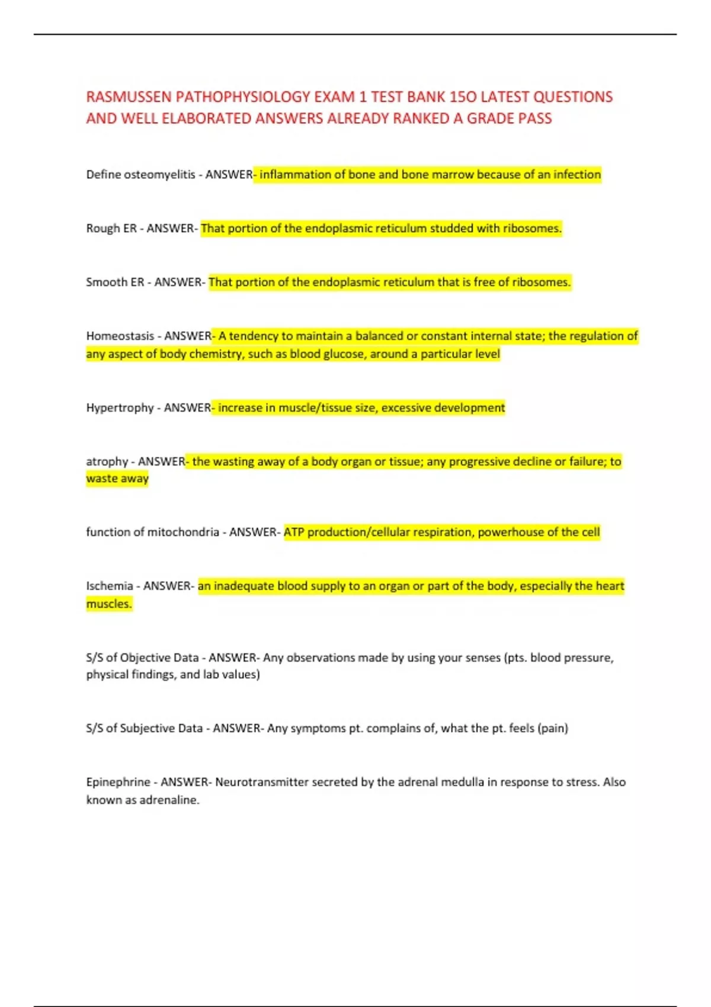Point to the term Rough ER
[x=111, y=229]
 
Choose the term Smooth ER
[x=115, y=283]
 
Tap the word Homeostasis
[x=120, y=336]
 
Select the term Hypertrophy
[x=120, y=408]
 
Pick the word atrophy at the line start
[x=107, y=461]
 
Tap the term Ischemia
[x=110, y=586]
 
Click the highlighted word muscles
[x=109, y=604]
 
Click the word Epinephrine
[x=118, y=782]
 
